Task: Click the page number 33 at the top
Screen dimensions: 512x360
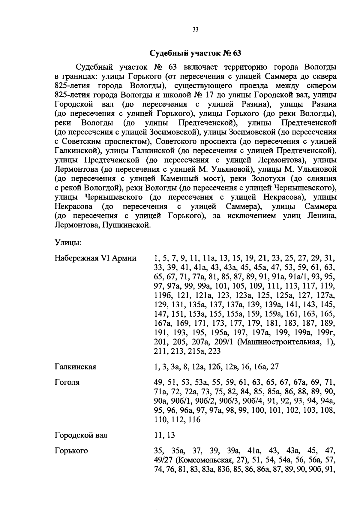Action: click(195, 30)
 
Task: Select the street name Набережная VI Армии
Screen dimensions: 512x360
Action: click(96, 258)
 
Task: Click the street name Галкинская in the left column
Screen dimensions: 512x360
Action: click(75, 367)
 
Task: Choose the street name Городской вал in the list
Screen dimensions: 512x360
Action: click(81, 435)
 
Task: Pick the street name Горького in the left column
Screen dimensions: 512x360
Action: click(71, 451)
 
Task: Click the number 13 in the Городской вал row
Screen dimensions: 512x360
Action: click(171, 435)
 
